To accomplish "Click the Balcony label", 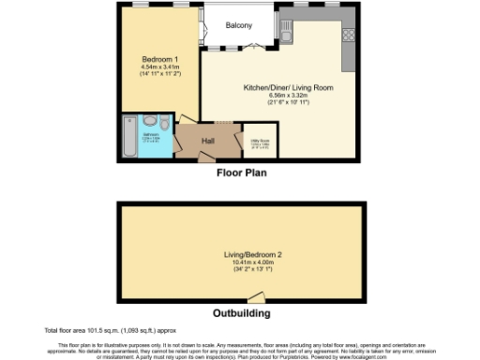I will [x=238, y=25].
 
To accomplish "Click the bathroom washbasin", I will [x=147, y=122].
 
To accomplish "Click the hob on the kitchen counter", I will [x=348, y=35].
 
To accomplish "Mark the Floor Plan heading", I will [x=239, y=172].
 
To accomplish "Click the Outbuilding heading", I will [x=240, y=313].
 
